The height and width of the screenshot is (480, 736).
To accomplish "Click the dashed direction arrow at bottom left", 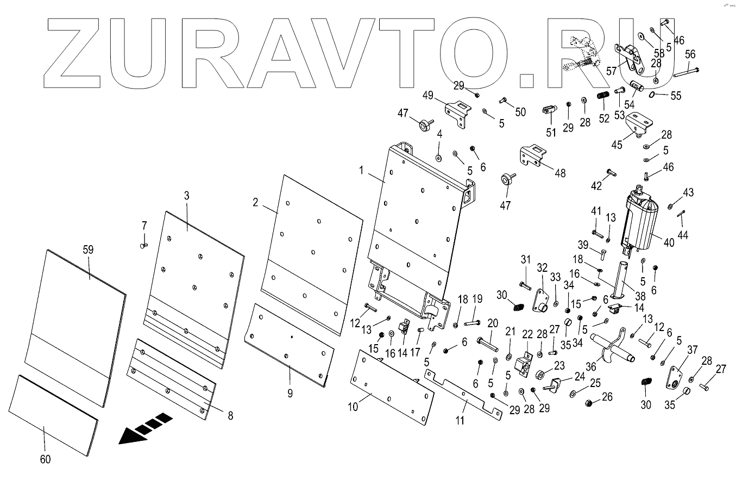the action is pyautogui.click(x=144, y=428).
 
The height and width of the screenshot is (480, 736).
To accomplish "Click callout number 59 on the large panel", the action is pyautogui.click(x=88, y=250).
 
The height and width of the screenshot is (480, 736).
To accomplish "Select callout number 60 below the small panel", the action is pyautogui.click(x=46, y=459).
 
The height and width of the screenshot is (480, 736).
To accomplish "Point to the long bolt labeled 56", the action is pyautogui.click(x=685, y=71).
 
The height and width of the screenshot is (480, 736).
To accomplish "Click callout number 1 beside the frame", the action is pyautogui.click(x=360, y=170).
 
